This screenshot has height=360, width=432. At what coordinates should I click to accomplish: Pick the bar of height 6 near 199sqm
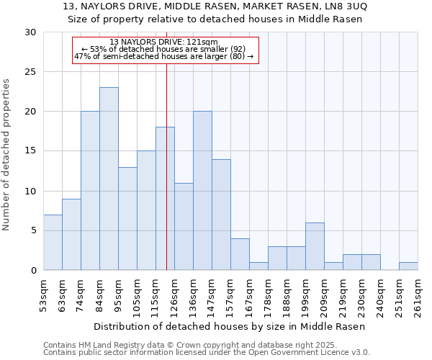315,246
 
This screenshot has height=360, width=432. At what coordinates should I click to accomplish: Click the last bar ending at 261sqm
408,266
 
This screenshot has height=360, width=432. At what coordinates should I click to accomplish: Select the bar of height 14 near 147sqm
221,215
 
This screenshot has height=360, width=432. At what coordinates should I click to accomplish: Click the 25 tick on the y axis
30,72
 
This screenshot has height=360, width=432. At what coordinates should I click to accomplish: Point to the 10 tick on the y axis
30,191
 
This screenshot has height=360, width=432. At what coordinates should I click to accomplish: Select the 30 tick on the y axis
30,32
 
